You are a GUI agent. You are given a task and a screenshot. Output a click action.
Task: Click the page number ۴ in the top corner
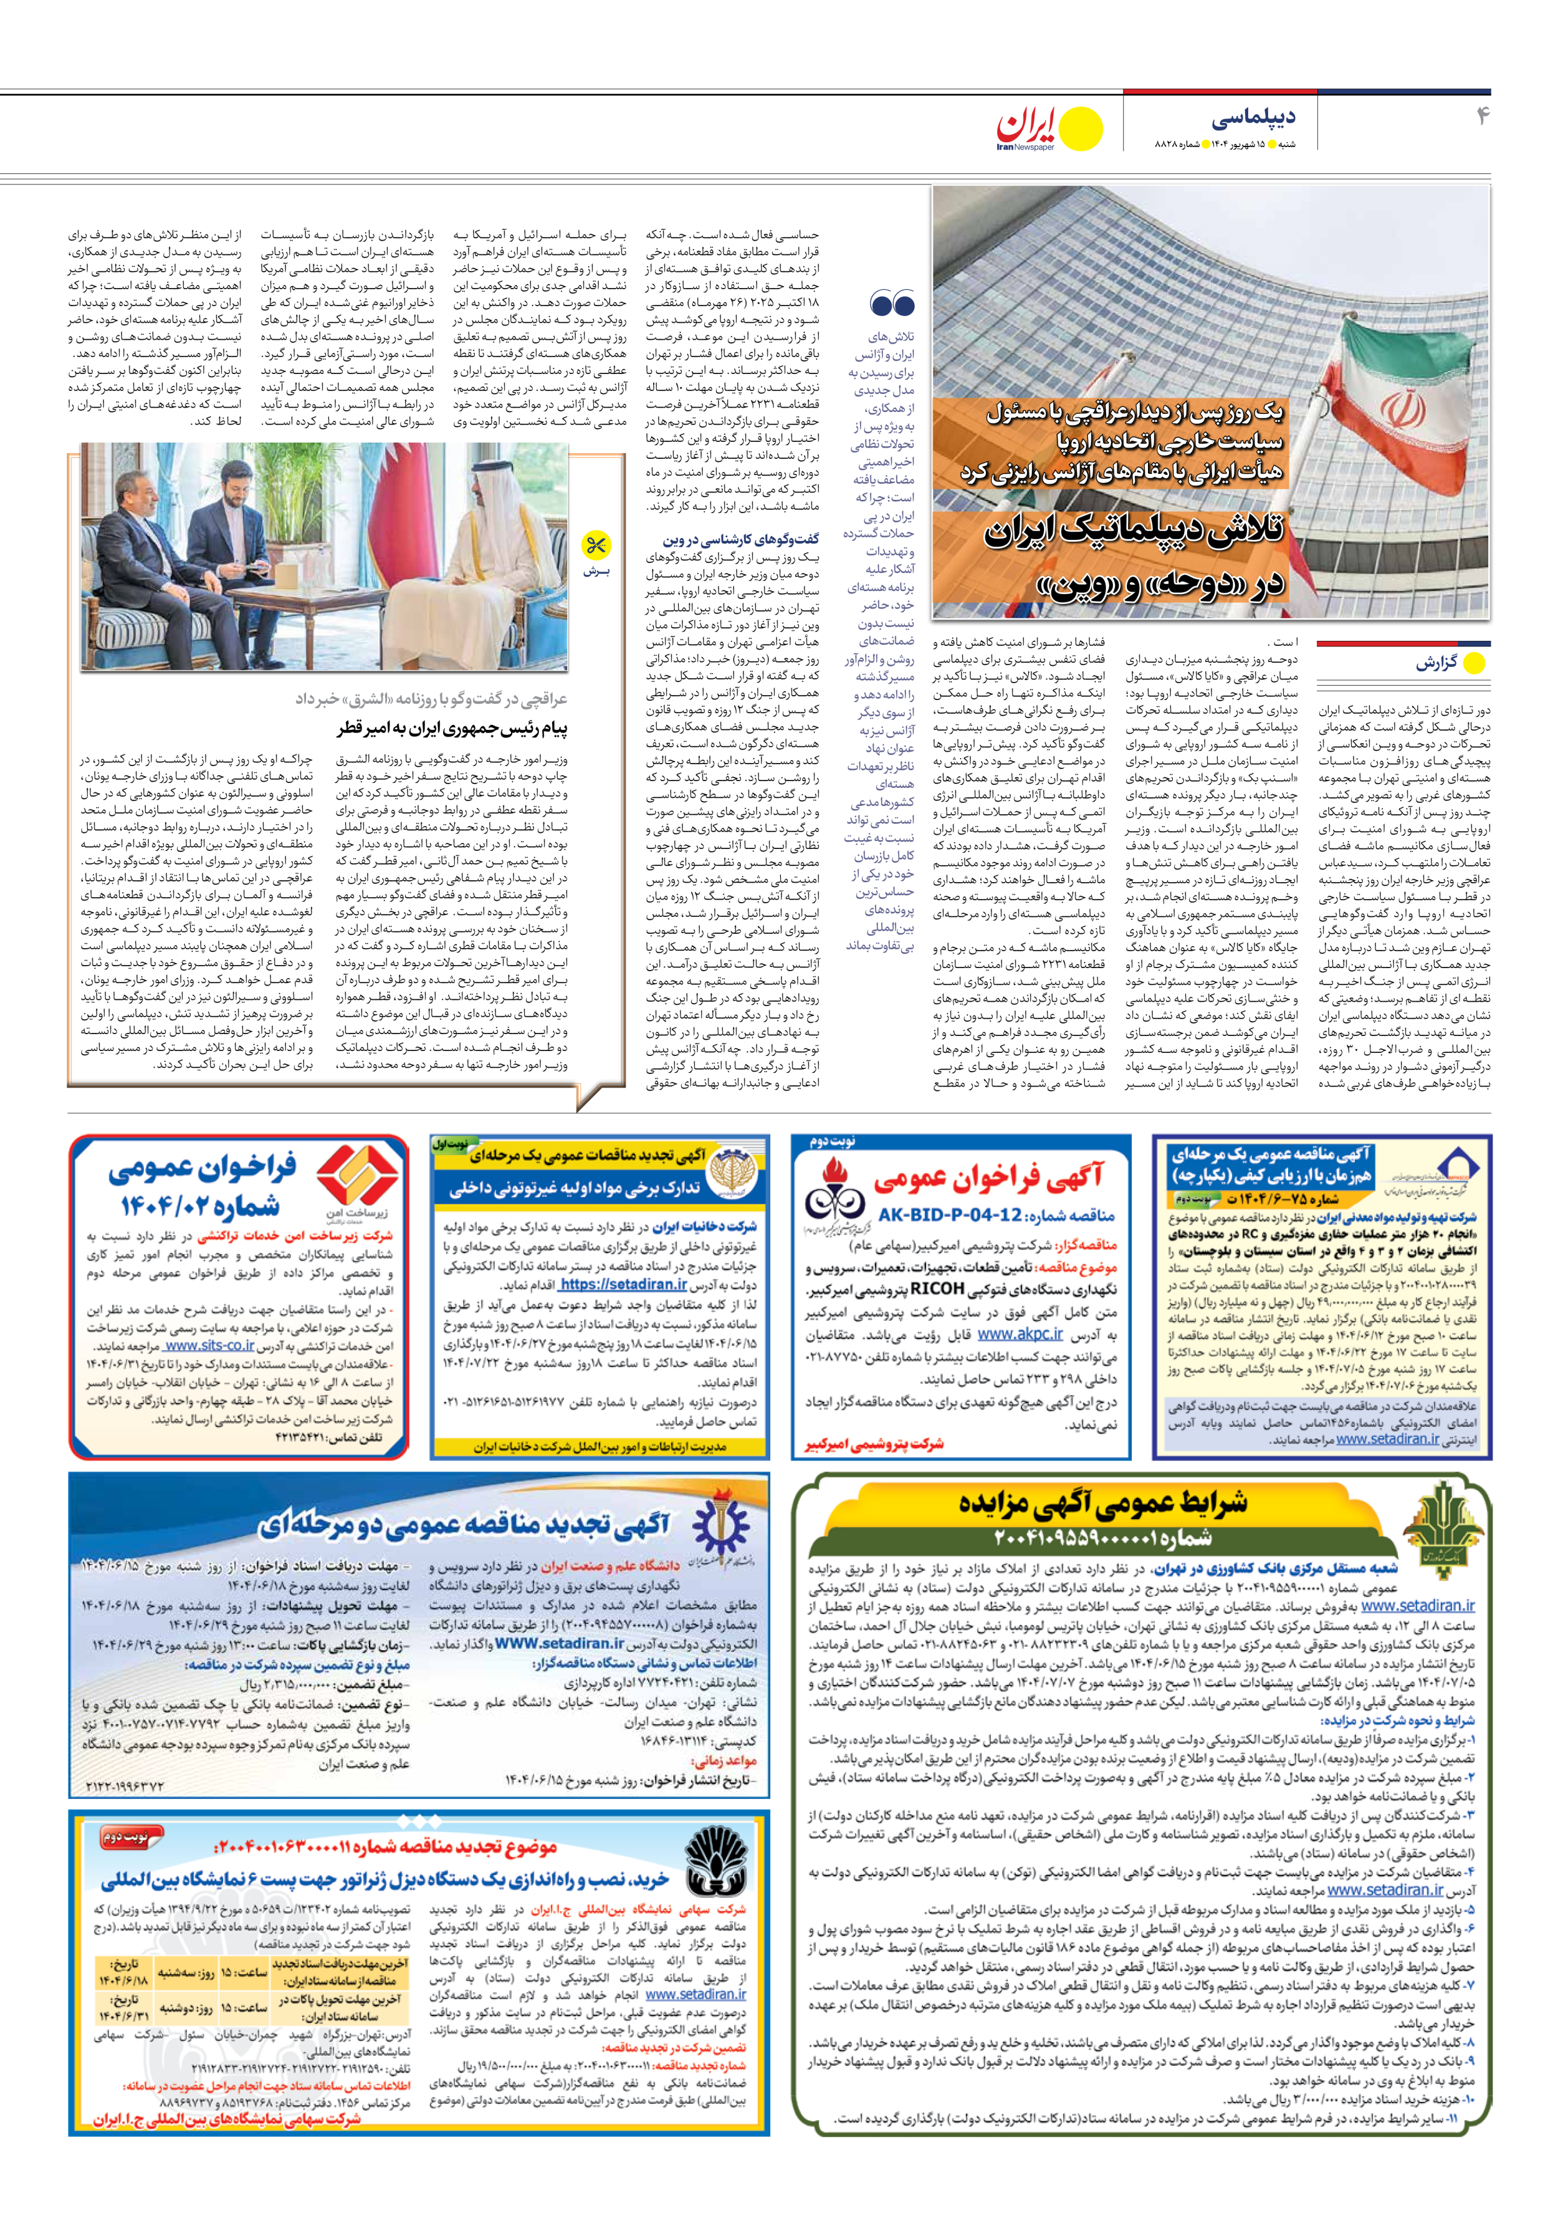[1481, 117]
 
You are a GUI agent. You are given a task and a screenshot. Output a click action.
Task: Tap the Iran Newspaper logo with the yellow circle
[1049, 128]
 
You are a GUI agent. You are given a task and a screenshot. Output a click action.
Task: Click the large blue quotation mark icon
[892, 304]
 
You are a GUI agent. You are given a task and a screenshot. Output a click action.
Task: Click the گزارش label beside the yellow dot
[1437, 664]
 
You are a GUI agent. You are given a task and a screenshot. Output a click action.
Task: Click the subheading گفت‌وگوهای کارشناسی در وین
[741, 539]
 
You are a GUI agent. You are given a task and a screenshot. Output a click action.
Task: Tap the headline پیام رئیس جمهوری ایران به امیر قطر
[452, 728]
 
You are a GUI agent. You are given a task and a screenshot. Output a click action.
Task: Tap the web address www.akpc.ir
[1021, 1335]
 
